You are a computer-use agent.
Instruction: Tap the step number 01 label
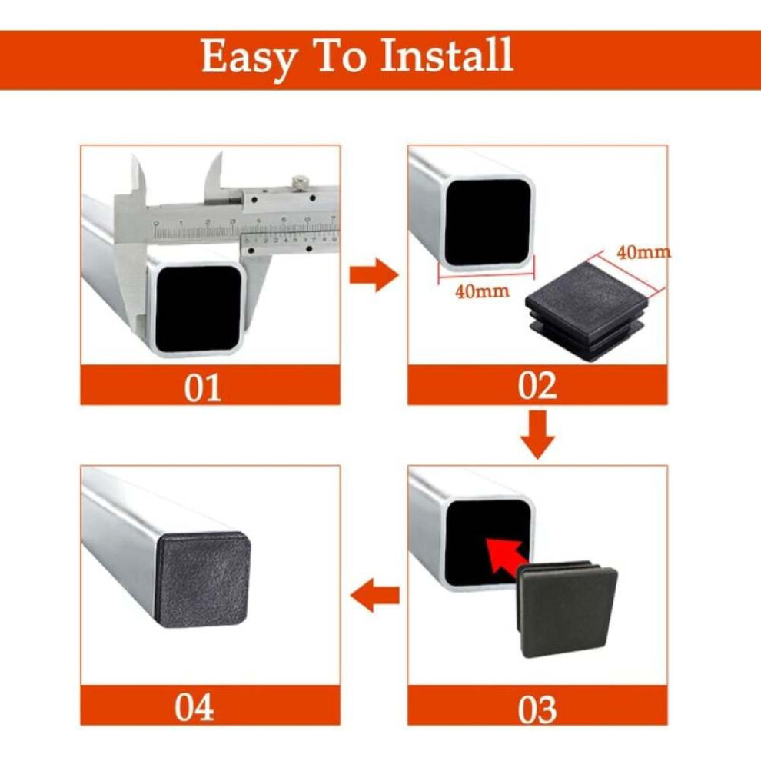(202, 387)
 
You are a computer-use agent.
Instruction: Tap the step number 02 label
(537, 386)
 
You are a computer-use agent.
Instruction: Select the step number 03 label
(537, 709)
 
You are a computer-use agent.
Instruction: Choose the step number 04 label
(194, 707)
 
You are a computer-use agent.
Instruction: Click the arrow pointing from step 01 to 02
(374, 274)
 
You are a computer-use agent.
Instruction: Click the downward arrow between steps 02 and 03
(537, 435)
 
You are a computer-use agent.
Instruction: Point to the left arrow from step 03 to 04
(374, 595)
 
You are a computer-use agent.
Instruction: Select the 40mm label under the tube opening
(482, 291)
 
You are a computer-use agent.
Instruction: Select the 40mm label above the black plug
(643, 252)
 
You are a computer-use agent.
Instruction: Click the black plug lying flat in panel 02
(587, 309)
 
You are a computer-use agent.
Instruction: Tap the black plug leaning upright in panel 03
(567, 609)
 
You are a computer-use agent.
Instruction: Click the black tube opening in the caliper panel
(199, 308)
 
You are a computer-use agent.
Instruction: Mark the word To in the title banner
(341, 55)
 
